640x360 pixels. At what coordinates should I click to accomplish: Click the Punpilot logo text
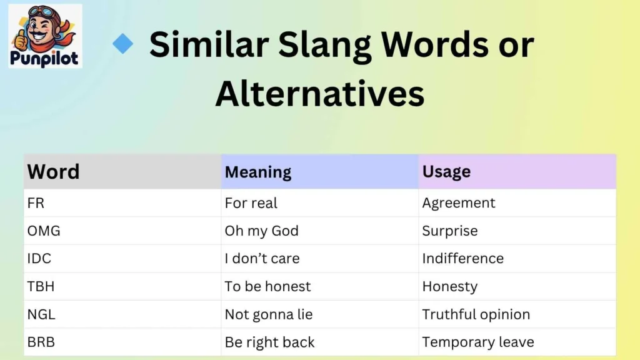[x=46, y=59]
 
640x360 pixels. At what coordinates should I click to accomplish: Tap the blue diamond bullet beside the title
[x=123, y=44]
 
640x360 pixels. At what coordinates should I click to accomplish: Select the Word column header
[x=54, y=172]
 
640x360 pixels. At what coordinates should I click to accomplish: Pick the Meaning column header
[x=258, y=172]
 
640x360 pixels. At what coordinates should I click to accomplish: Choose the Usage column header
[x=446, y=171]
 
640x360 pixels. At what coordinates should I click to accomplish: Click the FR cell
[x=36, y=203]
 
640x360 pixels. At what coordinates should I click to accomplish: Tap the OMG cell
[x=44, y=231]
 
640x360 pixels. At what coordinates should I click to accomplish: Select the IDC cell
[x=39, y=259]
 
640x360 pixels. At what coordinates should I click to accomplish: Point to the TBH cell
[x=41, y=286]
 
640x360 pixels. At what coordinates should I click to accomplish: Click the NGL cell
[x=41, y=314]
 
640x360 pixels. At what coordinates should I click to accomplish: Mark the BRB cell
[x=41, y=342]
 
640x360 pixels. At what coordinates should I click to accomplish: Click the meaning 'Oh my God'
[x=261, y=231]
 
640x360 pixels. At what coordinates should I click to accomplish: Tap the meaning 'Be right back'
[x=269, y=342]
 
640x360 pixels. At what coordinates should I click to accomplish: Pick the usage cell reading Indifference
[x=462, y=259]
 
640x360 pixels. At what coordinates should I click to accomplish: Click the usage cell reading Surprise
[x=450, y=231]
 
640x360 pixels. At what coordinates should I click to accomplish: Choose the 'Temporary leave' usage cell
[x=478, y=342]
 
